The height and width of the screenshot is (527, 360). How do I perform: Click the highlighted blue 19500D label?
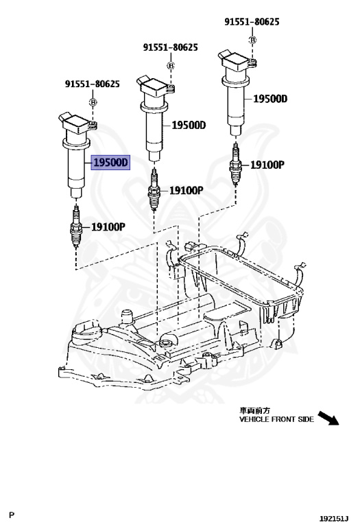pyautogui.click(x=110, y=163)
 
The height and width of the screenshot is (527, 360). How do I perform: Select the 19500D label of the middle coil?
pyautogui.click(x=188, y=125)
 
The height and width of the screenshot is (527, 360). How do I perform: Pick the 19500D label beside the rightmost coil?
pyautogui.click(x=269, y=99)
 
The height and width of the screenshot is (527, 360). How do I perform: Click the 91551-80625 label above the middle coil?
pyautogui.click(x=171, y=47)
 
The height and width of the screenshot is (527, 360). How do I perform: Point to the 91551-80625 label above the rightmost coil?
pyautogui.click(x=252, y=22)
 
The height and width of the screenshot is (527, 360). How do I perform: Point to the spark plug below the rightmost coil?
pyautogui.click(x=235, y=165)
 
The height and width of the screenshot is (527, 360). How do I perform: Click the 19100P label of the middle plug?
pyautogui.click(x=187, y=190)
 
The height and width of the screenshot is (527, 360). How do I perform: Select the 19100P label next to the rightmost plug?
pyautogui.click(x=268, y=165)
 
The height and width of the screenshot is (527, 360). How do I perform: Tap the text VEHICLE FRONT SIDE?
pyautogui.click(x=276, y=419)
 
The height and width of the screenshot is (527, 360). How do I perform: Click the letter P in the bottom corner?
pyautogui.click(x=11, y=514)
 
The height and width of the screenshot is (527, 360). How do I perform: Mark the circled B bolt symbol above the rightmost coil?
pyautogui.click(x=252, y=40)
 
